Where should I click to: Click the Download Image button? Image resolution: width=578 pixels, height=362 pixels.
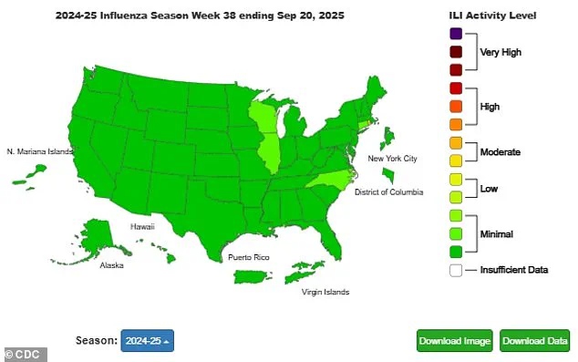(455, 341)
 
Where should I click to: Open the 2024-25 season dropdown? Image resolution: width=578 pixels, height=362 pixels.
(147, 341)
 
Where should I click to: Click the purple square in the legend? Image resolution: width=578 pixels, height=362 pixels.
(456, 35)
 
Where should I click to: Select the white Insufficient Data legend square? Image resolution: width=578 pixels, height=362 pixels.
(456, 270)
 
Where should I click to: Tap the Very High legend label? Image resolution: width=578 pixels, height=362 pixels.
(501, 52)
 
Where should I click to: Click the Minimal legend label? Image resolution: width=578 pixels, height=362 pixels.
(496, 234)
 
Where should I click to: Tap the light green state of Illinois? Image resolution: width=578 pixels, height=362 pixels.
(270, 152)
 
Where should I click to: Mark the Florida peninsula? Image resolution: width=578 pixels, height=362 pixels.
(337, 239)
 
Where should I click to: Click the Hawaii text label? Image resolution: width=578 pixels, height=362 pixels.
(141, 226)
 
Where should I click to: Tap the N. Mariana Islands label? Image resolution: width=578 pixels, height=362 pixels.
(39, 151)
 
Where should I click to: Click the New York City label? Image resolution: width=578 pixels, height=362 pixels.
(392, 159)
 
